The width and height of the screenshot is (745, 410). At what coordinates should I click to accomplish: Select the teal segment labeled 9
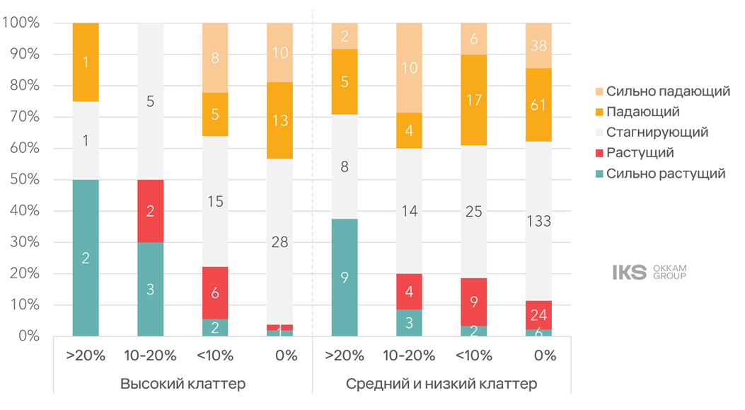click(345, 278)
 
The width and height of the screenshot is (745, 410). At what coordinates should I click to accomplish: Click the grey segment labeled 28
click(279, 241)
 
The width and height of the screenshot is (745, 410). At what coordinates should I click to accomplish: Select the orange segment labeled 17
click(473, 101)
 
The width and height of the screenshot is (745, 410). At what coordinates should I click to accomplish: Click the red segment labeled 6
click(215, 292)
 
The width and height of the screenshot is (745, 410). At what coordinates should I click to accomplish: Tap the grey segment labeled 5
click(151, 101)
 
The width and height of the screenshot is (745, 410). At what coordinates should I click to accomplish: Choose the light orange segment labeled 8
click(215, 58)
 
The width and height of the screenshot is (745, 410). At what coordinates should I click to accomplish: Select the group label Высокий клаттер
click(183, 384)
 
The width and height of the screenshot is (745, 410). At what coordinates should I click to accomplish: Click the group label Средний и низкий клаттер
click(441, 384)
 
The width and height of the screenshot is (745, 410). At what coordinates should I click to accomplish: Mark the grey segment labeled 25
click(473, 212)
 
